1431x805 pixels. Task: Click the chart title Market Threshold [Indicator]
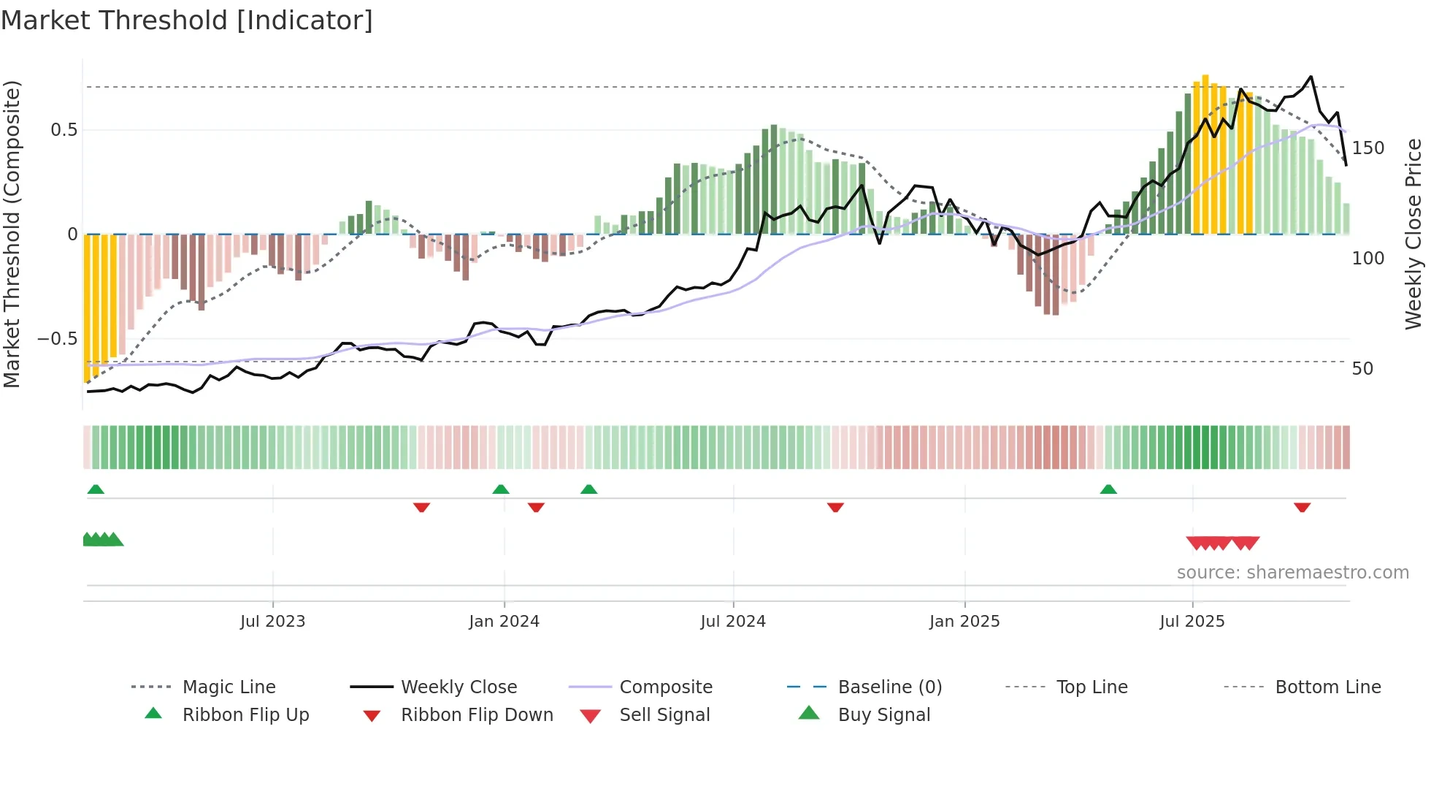187,20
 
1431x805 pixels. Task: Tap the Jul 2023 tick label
272,622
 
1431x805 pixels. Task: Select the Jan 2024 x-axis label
504,622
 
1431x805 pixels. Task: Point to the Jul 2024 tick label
733,622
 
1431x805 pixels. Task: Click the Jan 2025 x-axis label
964,622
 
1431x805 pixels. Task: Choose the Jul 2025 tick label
1192,622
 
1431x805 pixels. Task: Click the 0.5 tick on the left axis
64,130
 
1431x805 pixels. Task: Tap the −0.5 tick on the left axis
58,339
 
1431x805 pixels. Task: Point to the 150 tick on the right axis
1367,148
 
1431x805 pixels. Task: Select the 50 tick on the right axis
1362,369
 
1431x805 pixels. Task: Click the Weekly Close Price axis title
1413,234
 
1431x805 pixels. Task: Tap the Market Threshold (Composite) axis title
12,234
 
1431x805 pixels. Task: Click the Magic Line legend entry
229,687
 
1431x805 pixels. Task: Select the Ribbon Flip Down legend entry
477,715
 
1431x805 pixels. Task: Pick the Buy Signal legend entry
883,715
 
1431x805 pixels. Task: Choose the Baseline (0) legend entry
889,687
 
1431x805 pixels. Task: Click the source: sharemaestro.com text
1292,573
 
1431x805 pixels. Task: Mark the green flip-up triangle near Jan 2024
501,489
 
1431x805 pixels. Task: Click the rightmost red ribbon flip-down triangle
1302,507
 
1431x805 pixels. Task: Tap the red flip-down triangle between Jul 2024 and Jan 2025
835,507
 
